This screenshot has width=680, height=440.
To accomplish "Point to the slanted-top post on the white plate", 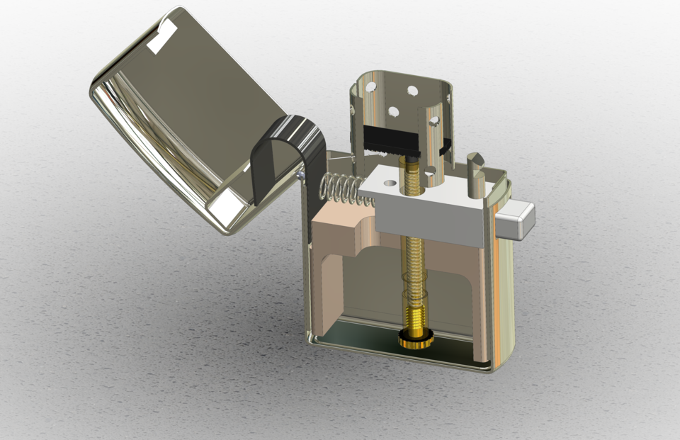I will [475, 173].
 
